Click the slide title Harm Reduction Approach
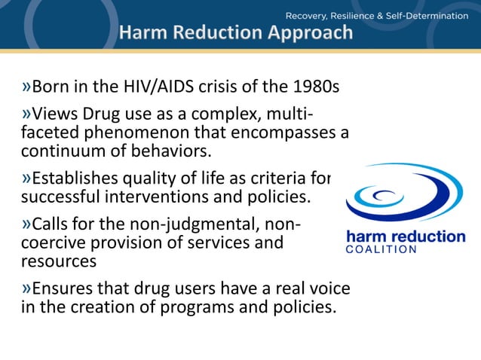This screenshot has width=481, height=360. (x=235, y=32)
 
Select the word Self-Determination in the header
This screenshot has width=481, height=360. (x=430, y=15)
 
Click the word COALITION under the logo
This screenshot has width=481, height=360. (x=381, y=251)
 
